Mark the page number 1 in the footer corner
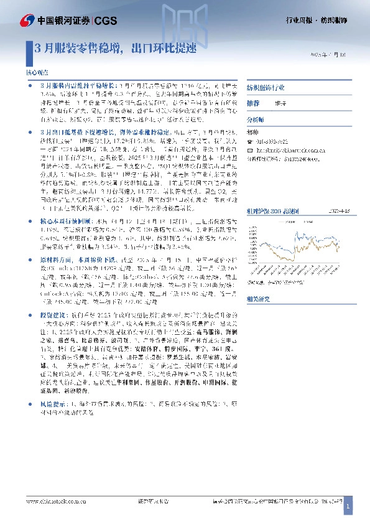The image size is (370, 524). pos(349,508)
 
